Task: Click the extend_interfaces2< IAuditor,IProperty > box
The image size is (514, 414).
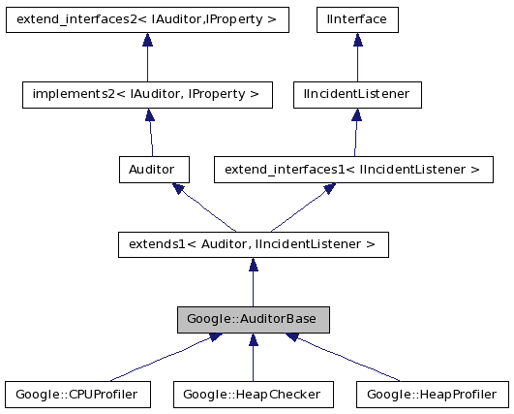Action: coord(148,18)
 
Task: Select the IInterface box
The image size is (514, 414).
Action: coord(356,18)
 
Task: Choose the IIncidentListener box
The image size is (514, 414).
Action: coord(356,94)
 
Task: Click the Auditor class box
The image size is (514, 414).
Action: coord(153,170)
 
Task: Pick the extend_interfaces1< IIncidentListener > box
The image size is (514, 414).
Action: coord(352,170)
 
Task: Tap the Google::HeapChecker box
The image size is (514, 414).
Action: coord(253,395)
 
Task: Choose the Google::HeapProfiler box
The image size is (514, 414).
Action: coord(432,395)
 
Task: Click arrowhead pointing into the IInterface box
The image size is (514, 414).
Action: coord(356,38)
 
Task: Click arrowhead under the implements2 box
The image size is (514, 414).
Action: coord(148,113)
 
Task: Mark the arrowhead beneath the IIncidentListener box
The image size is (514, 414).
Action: coord(356,113)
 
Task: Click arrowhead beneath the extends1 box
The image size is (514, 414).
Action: coord(252,265)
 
